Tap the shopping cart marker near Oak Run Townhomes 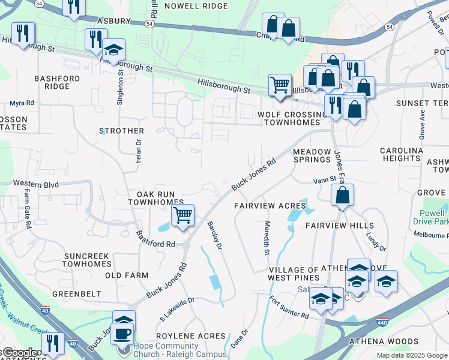(x=182, y=214)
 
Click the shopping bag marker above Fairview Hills (x=342, y=195)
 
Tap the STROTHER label (x=122, y=131)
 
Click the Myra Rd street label (x=22, y=103)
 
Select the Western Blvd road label (x=36, y=184)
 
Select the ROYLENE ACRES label (x=190, y=336)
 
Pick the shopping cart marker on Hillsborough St (x=280, y=85)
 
